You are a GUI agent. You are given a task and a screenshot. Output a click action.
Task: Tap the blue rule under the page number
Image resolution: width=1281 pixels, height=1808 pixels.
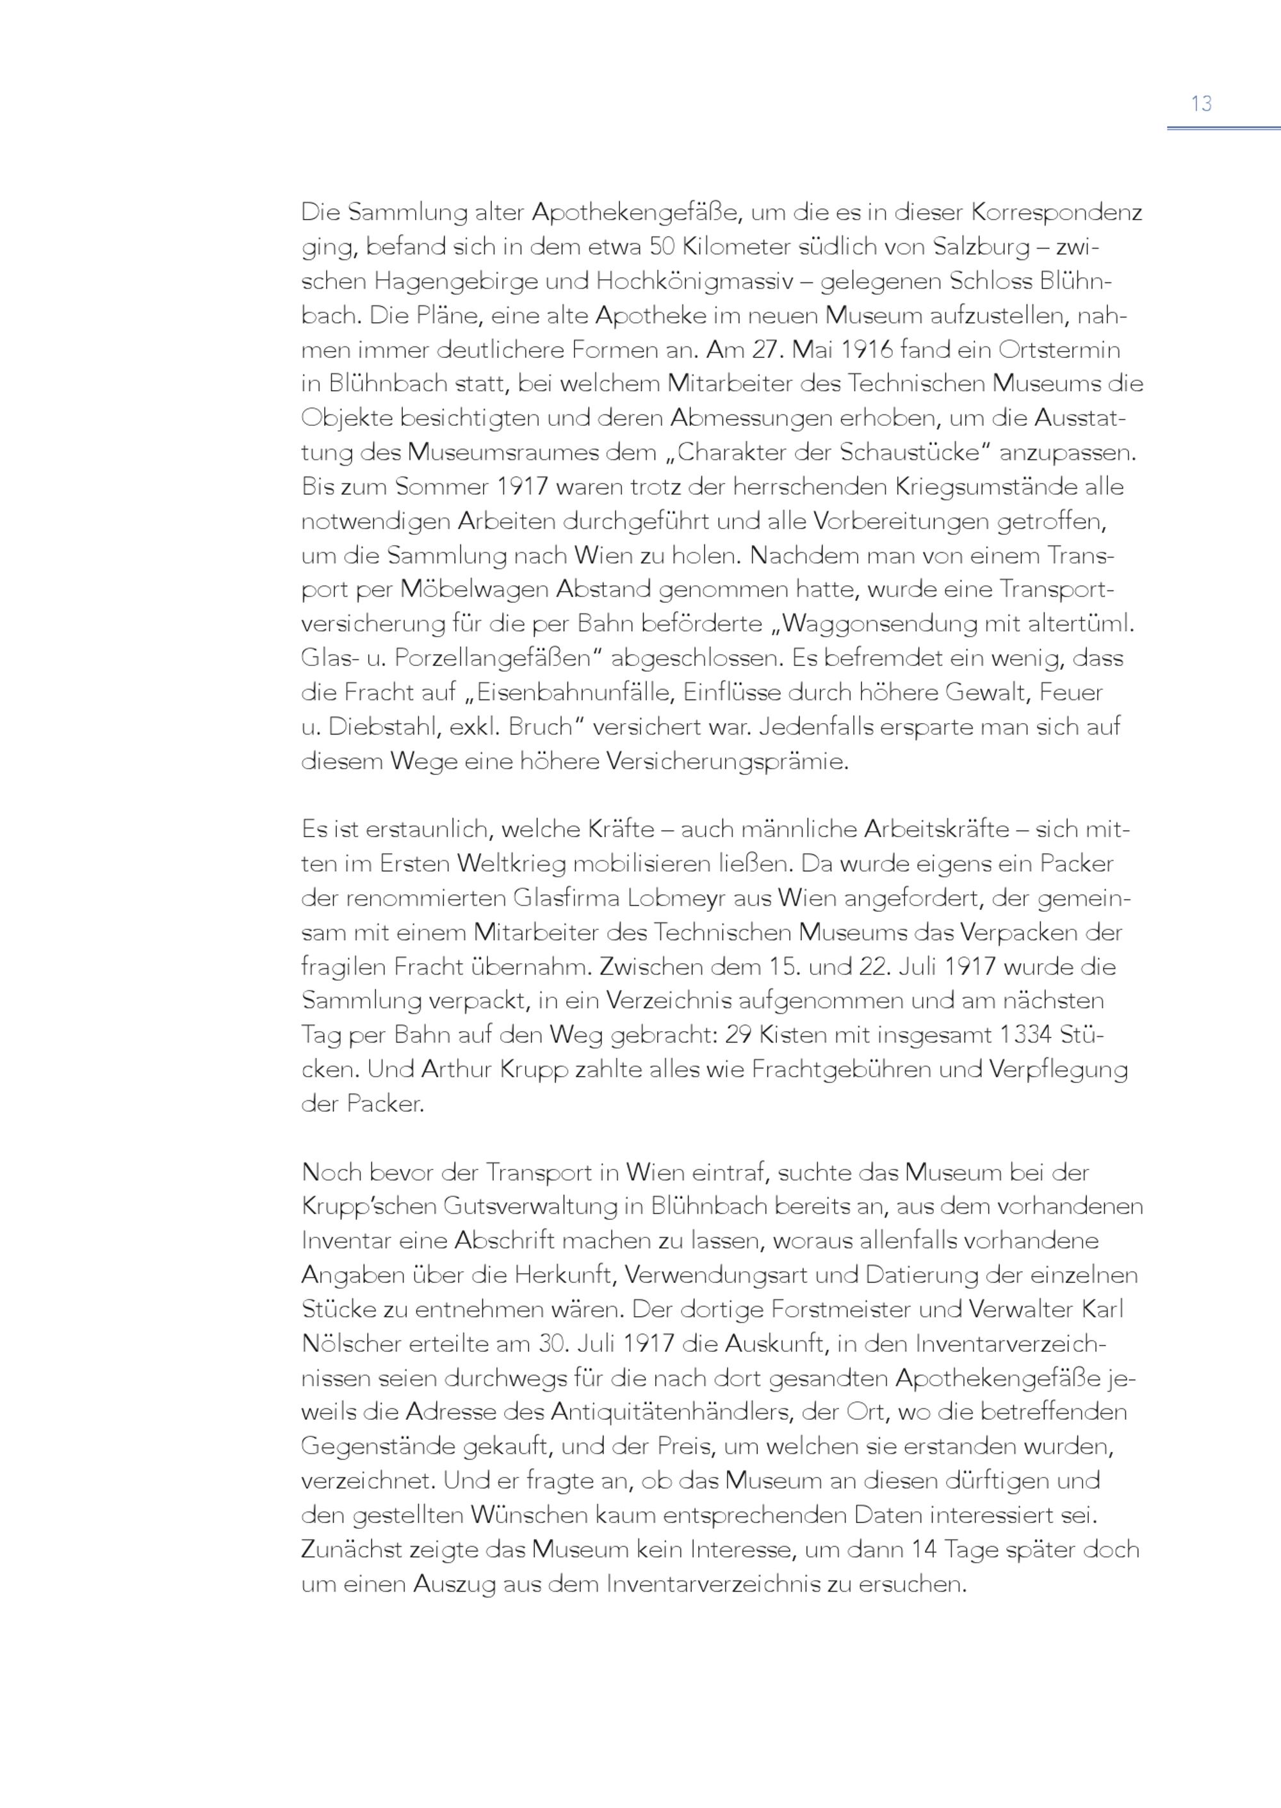coord(1223,127)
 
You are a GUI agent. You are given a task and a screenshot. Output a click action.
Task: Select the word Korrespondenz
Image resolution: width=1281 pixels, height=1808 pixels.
coord(1056,212)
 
